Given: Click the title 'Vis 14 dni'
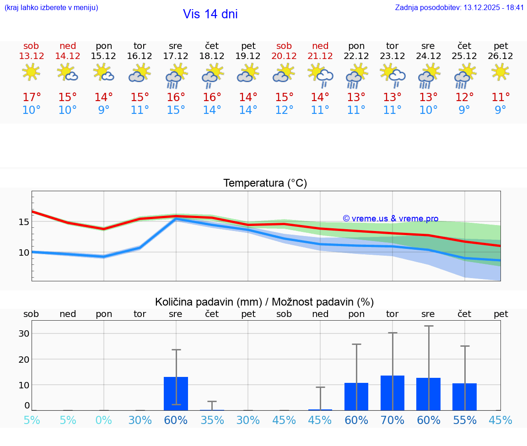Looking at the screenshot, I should coord(210,14).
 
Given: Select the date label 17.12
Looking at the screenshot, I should coord(176,56).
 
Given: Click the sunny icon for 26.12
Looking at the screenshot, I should coord(500,72).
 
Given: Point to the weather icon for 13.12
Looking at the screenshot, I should coord(31,72).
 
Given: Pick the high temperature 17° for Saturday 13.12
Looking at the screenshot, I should coord(32,97).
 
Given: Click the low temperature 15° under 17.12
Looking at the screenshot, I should coord(176,110).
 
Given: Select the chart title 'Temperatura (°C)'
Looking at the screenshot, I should coord(265,183).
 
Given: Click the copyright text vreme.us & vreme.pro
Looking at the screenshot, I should coord(391,219).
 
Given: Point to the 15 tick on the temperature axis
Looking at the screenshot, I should coord(24,222).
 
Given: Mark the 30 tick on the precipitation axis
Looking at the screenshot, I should coord(24,333).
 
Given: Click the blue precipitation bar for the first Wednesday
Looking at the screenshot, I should coord(176,393).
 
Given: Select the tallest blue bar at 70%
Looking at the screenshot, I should coord(393,393).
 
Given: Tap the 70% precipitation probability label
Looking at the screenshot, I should coord(393,420).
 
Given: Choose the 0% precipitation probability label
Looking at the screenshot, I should coord(104,420).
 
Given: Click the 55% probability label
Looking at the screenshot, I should coord(465,420).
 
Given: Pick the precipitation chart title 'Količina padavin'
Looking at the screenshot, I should coord(208,302).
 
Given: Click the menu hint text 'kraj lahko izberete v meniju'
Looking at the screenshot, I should coord(51,7).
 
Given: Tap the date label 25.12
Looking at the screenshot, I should coord(464,56).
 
